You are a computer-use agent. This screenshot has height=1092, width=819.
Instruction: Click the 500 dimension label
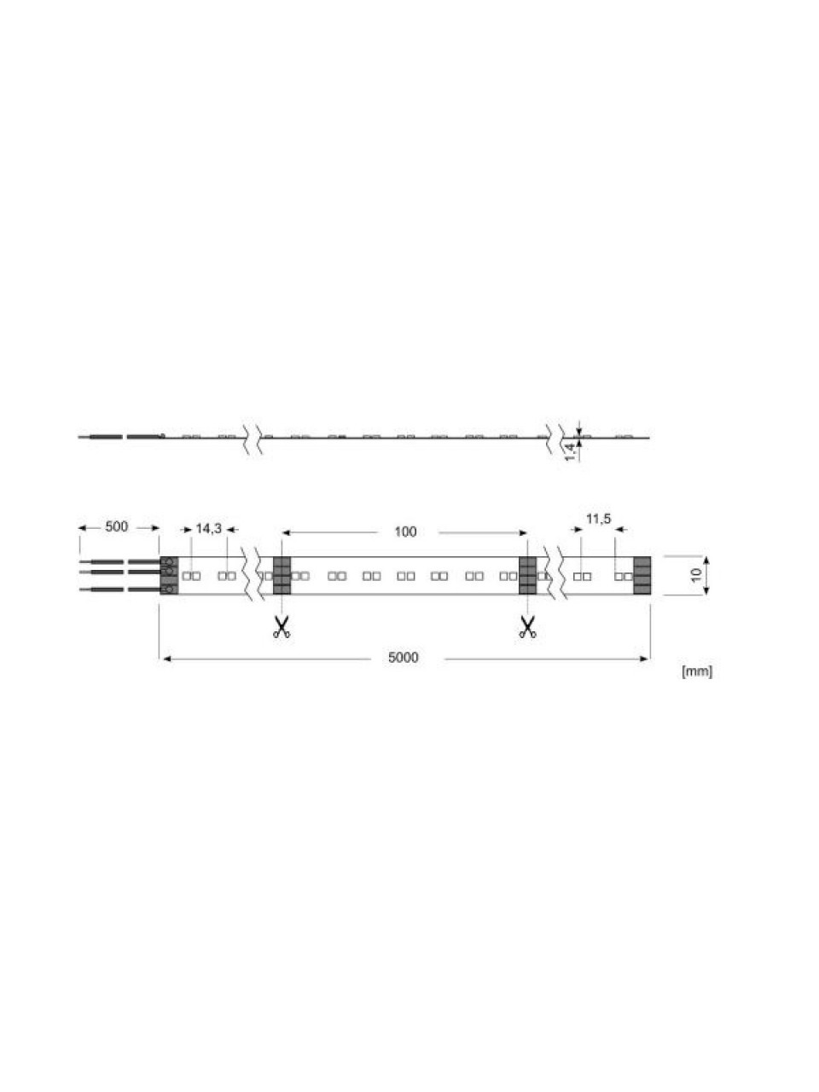tap(116, 527)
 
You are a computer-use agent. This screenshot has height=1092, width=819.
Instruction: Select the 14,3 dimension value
tap(208, 529)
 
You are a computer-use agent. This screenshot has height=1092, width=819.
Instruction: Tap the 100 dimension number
tap(405, 531)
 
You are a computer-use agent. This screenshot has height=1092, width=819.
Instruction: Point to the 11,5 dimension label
tap(598, 520)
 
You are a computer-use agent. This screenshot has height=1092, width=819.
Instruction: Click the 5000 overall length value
tap(404, 658)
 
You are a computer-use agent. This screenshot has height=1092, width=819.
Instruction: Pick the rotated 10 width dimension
tap(696, 575)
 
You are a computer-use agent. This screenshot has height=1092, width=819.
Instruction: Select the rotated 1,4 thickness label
tap(572, 451)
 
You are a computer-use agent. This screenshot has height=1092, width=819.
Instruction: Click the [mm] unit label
tap(697, 671)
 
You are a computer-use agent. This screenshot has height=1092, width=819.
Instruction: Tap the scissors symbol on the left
tap(282, 627)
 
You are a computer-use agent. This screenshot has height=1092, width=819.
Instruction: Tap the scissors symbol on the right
tap(527, 627)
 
